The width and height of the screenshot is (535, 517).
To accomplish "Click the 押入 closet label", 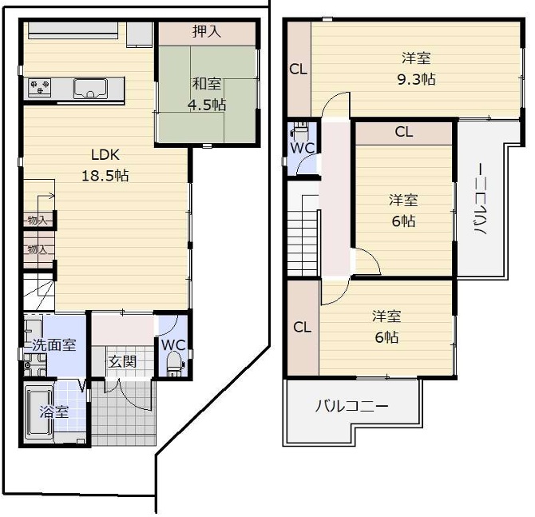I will (x=207, y=32).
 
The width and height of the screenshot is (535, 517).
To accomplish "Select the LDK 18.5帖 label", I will (x=105, y=165).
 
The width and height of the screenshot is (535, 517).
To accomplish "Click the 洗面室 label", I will (x=53, y=346).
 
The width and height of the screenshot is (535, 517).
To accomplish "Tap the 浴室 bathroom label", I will (x=54, y=413).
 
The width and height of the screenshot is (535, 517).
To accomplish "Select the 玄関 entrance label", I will (x=122, y=361).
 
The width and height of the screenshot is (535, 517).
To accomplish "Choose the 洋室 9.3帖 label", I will (x=417, y=69).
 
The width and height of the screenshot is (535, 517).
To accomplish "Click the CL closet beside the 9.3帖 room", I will (x=298, y=70).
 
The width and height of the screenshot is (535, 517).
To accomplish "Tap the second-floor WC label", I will (x=302, y=149).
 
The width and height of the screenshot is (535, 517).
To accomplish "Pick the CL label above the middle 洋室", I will (x=403, y=133).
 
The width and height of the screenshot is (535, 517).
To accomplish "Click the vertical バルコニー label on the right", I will (x=481, y=208).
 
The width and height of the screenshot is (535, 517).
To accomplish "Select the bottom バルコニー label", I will (x=351, y=406).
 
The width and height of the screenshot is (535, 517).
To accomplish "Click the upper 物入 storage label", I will (x=37, y=220).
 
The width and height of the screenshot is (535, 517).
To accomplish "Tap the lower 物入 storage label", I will (x=37, y=249).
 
